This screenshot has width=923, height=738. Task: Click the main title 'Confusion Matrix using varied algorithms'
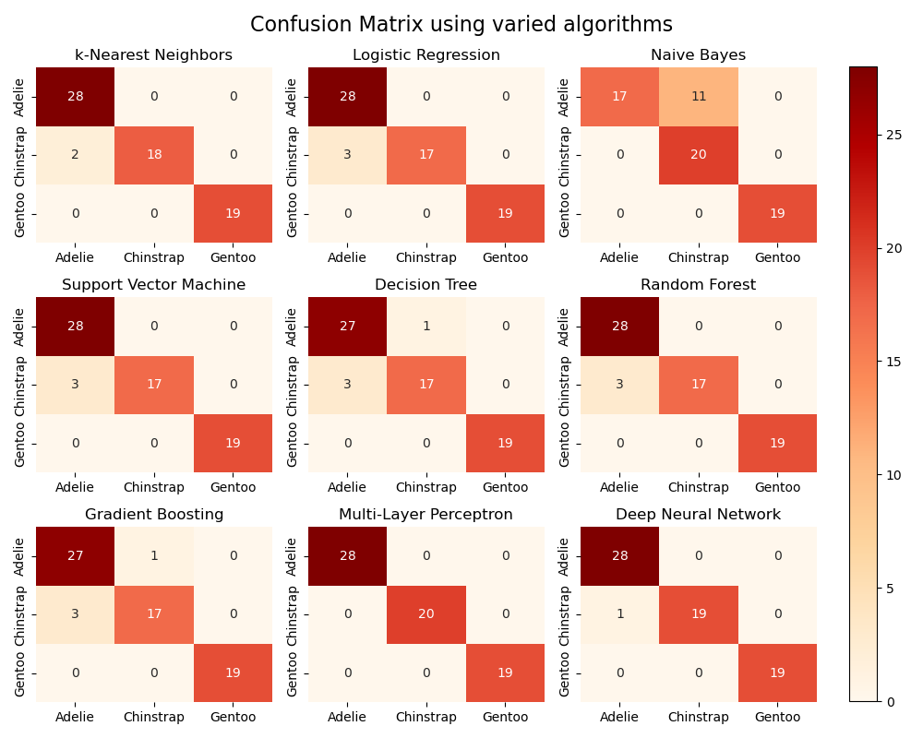coord(461,25)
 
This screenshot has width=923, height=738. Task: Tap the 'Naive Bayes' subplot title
coord(698,55)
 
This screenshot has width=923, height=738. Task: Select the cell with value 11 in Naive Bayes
coord(699,97)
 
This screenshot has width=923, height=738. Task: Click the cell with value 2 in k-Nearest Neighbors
coord(76,155)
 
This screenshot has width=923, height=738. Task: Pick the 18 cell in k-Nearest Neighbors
coord(154,155)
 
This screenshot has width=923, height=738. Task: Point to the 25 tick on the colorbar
coord(889,135)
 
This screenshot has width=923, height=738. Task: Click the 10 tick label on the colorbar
coord(889,475)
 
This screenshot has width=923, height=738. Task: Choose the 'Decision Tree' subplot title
coord(426,285)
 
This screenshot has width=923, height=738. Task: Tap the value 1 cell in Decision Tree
coord(426,327)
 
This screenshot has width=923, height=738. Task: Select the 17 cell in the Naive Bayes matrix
coord(620,97)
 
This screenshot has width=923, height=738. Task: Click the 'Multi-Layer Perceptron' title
coord(426,515)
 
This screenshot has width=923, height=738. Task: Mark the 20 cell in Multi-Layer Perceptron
coord(426,614)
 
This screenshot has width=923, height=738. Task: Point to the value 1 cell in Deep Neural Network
coord(620,614)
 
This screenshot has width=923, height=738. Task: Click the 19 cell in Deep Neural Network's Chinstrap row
coord(699,614)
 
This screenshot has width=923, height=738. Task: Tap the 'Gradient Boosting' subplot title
coord(154,515)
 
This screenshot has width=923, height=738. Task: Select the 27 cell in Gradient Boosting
coord(76,556)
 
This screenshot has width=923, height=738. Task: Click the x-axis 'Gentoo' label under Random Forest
coord(777,487)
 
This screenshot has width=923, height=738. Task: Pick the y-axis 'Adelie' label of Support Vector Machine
coord(20,327)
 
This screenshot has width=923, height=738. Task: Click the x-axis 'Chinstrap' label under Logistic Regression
coord(426,257)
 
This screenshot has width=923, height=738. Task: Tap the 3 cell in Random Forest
coord(620,385)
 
